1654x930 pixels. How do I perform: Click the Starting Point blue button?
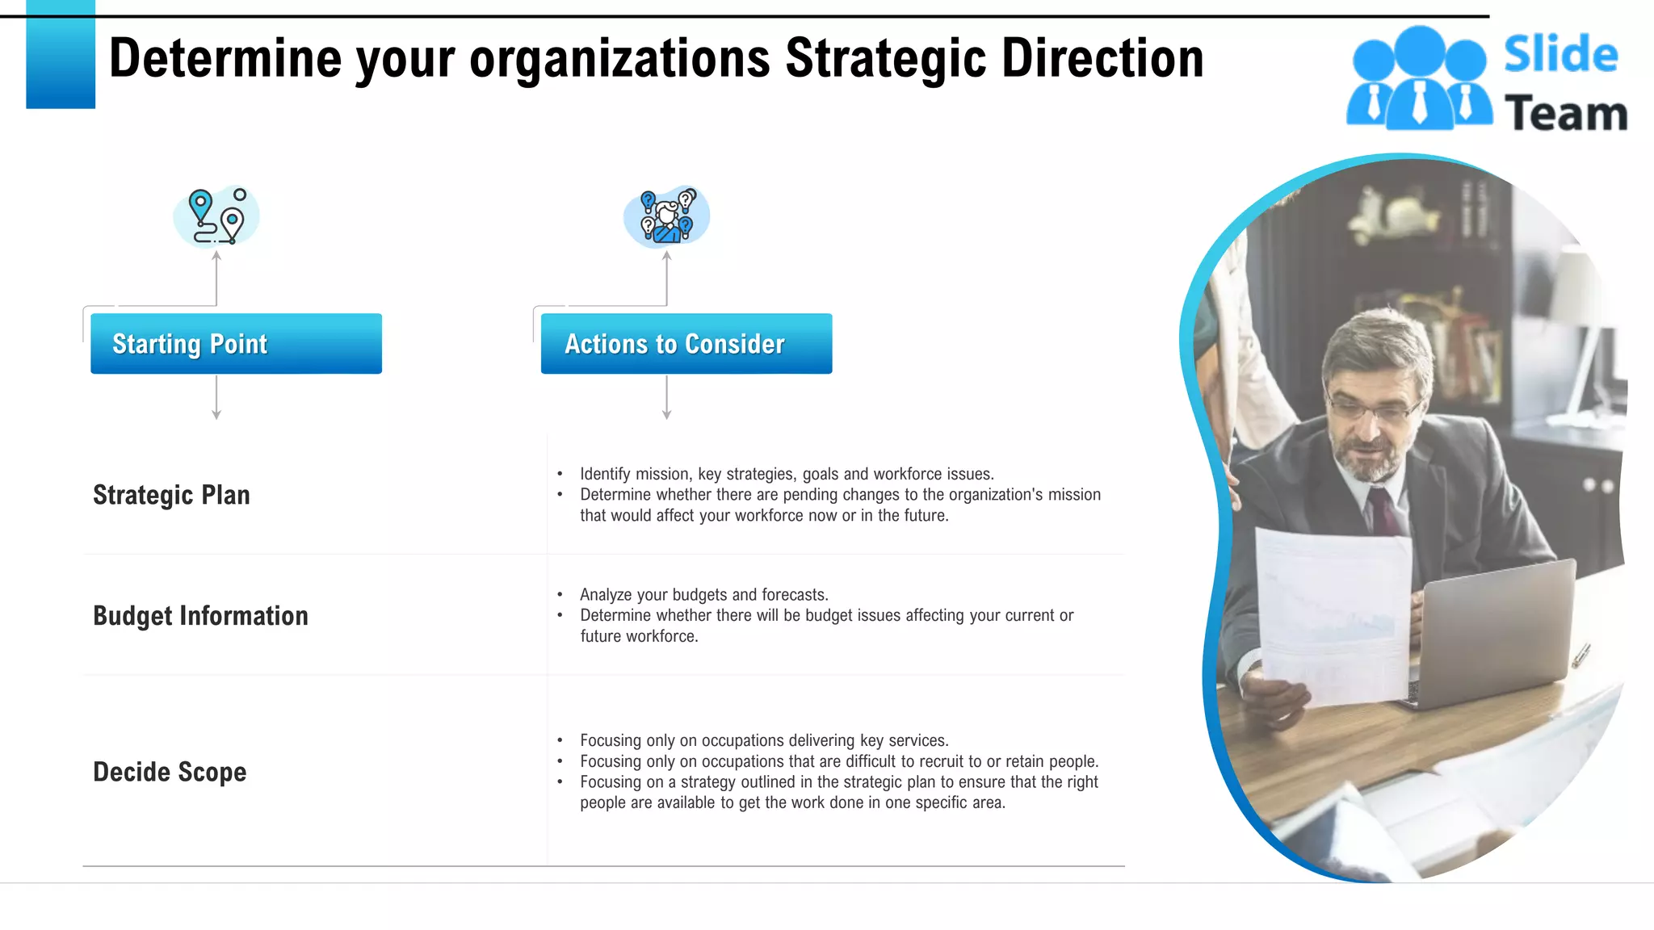tap(236, 344)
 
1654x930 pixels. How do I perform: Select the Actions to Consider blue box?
tap(686, 344)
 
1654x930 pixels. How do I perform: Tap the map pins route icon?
tap(216, 216)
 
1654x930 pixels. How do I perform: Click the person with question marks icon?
tap(666, 216)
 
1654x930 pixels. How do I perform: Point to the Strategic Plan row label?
tap(171, 495)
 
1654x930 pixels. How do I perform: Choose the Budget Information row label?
tap(200, 616)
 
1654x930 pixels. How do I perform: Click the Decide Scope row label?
tap(170, 772)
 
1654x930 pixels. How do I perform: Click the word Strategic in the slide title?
tap(885, 59)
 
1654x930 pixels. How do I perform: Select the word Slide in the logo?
tap(1560, 55)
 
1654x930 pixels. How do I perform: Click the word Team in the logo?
tap(1565, 113)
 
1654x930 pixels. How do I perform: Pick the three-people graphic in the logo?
tap(1419, 79)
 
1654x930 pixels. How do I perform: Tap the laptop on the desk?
tap(1494, 630)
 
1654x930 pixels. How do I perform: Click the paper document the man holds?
tap(1333, 614)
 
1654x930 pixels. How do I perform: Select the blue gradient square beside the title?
tap(61, 55)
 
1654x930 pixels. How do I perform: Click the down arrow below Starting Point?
tap(216, 399)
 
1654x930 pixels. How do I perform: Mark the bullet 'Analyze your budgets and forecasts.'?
tap(703, 595)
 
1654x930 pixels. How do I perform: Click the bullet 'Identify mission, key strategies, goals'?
tap(787, 474)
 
